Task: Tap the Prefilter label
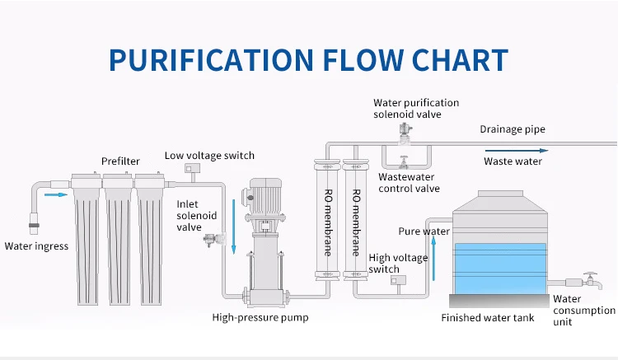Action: point(120,161)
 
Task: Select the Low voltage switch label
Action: point(209,155)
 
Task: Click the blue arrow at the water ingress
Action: point(55,195)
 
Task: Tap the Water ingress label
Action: point(36,245)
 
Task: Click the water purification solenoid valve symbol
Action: point(404,131)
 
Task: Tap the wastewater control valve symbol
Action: point(404,160)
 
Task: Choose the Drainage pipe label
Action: point(513,129)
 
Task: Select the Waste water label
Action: point(513,161)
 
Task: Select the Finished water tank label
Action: point(487,318)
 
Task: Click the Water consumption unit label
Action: point(583,311)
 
